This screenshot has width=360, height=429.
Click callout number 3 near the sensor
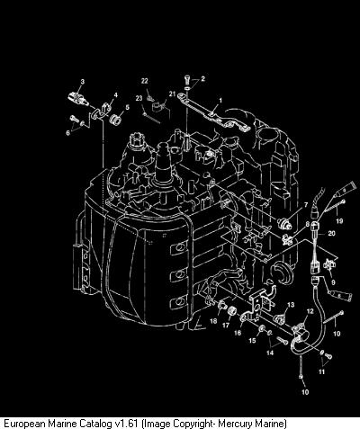pyautogui.click(x=83, y=81)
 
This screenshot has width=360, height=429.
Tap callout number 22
pyautogui.click(x=145, y=81)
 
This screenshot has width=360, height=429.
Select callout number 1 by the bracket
pyautogui.click(x=220, y=100)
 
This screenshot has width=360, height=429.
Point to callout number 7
pyautogui.click(x=306, y=205)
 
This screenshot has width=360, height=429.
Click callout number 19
pyautogui.click(x=339, y=221)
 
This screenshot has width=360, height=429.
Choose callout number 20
pyautogui.click(x=331, y=233)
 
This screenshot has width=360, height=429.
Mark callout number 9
pyautogui.click(x=333, y=282)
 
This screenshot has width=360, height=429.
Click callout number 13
pyautogui.click(x=291, y=305)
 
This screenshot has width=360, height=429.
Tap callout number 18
pyautogui.click(x=213, y=321)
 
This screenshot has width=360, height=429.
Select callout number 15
pyautogui.click(x=252, y=341)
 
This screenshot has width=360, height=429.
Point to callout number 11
pyautogui.click(x=321, y=371)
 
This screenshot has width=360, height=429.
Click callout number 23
pyautogui.click(x=139, y=98)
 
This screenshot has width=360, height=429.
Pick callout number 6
pyautogui.click(x=67, y=132)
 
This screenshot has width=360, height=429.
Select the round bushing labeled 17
pyautogui.click(x=232, y=312)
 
